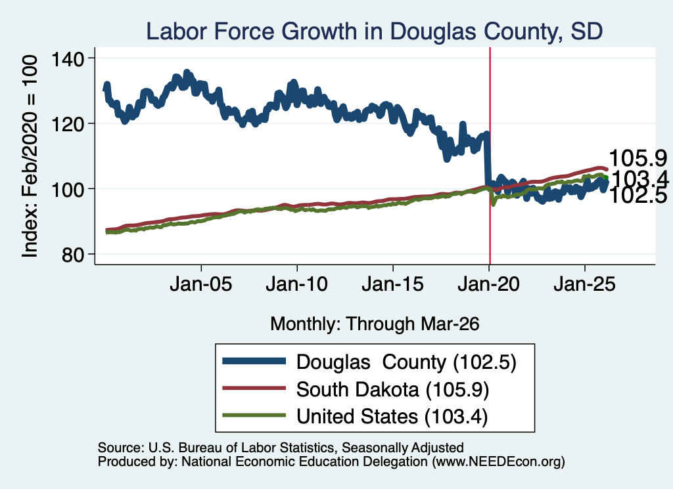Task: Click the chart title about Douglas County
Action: (374, 32)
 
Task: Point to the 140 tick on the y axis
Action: (68, 59)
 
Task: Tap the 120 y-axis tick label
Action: (68, 124)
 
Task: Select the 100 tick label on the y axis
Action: (68, 190)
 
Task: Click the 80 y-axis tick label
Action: (72, 255)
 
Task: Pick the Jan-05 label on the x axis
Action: (201, 284)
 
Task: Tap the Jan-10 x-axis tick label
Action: (296, 284)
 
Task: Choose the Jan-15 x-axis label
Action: (393, 284)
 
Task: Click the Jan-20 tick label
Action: (488, 284)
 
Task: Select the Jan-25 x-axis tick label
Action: (584, 284)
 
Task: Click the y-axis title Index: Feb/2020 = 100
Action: (30, 156)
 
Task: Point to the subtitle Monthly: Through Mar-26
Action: (375, 324)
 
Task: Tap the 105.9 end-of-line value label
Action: (638, 158)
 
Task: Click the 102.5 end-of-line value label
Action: (638, 196)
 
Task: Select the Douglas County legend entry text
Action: (406, 362)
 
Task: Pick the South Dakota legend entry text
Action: (392, 390)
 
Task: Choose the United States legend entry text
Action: (392, 417)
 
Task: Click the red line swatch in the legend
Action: (254, 389)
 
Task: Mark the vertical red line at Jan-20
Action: (490, 156)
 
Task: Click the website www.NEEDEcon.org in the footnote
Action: (498, 461)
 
